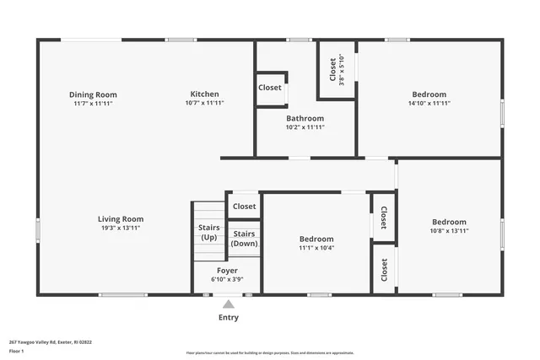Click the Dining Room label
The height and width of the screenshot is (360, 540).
93,94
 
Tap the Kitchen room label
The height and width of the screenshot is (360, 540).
204,94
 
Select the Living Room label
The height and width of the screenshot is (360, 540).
120,219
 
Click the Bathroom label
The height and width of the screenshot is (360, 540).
305,118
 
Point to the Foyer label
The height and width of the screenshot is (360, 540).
227,271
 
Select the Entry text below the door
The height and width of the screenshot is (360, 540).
229,318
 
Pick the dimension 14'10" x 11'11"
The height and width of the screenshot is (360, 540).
430,103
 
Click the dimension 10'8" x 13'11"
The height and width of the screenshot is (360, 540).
449,230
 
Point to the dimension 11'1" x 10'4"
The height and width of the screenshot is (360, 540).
316,248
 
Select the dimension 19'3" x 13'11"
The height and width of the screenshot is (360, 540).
120,228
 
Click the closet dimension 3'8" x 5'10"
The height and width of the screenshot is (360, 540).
342,69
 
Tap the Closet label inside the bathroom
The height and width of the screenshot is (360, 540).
270,88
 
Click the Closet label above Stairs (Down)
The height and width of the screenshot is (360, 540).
245,207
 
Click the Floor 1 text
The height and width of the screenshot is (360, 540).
16,351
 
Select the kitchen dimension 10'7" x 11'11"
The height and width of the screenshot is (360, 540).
204,103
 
